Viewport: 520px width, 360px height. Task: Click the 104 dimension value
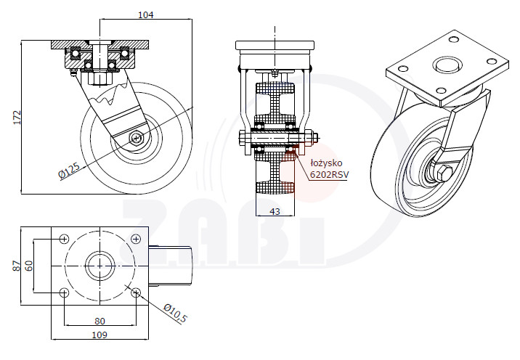[x=145, y=15]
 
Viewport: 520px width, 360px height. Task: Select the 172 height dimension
[x=17, y=118]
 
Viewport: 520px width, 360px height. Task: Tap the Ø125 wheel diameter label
[x=69, y=171]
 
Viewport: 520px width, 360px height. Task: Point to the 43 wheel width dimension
[x=275, y=211]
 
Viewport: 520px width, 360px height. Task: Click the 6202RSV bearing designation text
[x=329, y=174]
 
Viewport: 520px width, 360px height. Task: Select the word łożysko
[x=326, y=163]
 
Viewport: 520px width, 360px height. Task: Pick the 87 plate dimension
[x=17, y=266]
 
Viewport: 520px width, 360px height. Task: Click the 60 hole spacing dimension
[x=29, y=266]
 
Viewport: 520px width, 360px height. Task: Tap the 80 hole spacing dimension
[x=99, y=321]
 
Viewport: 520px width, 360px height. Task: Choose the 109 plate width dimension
[x=99, y=335]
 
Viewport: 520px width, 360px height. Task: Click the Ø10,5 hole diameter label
[x=176, y=313]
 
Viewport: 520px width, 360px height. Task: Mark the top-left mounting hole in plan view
[x=64, y=239]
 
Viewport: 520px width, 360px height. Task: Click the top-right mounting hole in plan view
[x=136, y=239]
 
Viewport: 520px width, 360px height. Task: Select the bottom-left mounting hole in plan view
[x=64, y=292]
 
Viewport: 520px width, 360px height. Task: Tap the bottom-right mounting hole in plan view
[x=136, y=292]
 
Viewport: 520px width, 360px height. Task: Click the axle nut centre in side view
[x=136, y=138]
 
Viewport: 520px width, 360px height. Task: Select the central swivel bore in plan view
[x=99, y=266]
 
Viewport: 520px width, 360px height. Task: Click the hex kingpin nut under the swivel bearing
[x=99, y=79]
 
